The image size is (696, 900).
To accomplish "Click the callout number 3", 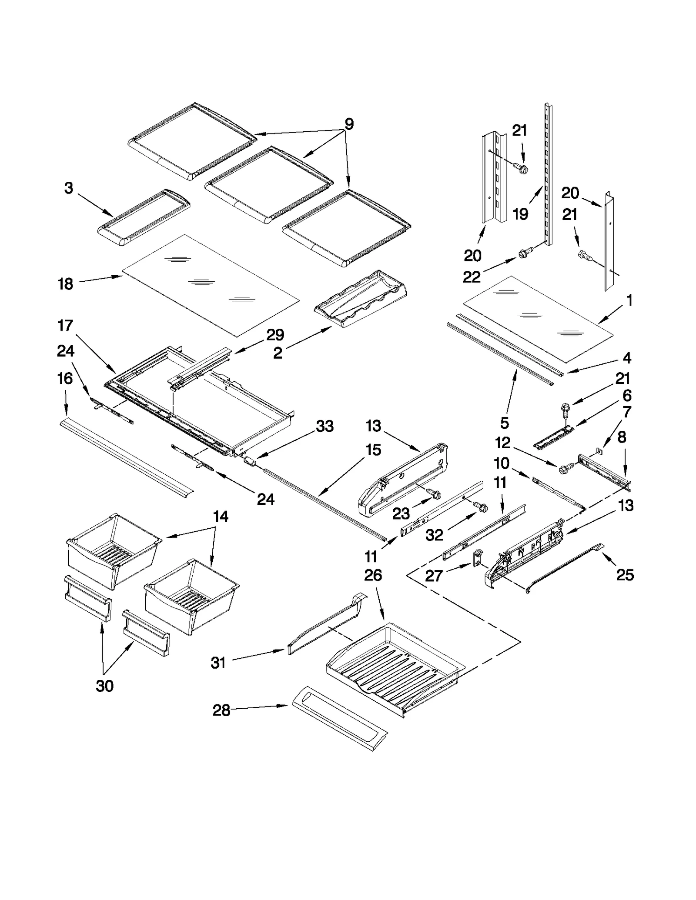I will [x=68, y=188].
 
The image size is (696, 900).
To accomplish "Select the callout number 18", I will [x=65, y=284].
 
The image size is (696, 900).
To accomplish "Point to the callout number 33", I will [x=325, y=426].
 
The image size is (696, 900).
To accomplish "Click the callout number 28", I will [x=221, y=710].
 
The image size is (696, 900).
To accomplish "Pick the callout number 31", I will [x=218, y=663].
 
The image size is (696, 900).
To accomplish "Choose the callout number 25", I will [x=625, y=575].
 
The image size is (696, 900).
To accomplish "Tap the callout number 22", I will [x=472, y=277].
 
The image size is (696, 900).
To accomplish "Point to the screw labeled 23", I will [x=434, y=493].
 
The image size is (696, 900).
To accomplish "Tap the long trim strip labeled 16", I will [x=126, y=457].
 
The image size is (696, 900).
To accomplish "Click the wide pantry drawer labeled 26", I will [x=391, y=670].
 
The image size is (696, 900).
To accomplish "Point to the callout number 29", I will [x=275, y=335].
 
